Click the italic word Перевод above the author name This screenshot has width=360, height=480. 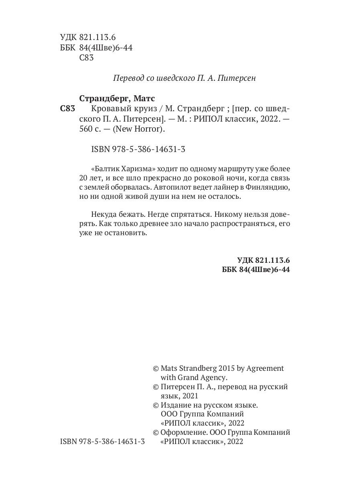click(x=127, y=78)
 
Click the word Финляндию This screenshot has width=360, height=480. click(x=270, y=187)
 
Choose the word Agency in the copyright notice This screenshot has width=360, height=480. click(x=213, y=377)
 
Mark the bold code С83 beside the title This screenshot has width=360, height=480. click(x=68, y=109)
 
